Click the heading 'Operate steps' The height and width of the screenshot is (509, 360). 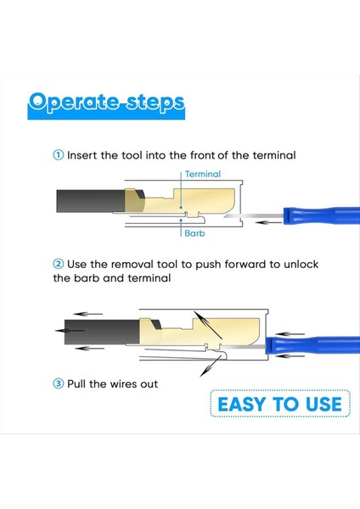pos(106,103)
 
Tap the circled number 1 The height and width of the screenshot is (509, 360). pos(58,155)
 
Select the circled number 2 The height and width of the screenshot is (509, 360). pos(58,264)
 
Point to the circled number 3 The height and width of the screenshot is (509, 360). pos(58,383)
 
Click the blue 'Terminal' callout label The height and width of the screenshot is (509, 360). pos(203,174)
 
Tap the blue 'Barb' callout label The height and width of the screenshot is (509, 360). pos(194,233)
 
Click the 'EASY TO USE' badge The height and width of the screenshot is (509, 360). pos(280,404)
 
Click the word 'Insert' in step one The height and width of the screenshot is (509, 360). pos(82,155)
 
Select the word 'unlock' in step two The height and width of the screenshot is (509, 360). pos(301,264)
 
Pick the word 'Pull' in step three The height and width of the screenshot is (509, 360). pos(76,383)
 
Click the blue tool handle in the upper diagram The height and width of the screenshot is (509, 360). pos(322,215)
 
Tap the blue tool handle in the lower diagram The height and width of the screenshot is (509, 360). pos(312,346)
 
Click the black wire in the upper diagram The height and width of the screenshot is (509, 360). pos(90,201)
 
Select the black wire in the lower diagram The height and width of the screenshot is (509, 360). pos(102,332)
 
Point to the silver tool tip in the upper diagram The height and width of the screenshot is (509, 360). pos(254,216)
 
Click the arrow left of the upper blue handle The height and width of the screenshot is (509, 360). pos(268,222)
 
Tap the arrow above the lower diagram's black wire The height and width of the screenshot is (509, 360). pos(87,314)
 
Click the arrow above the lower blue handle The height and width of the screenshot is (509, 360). pos(290,333)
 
